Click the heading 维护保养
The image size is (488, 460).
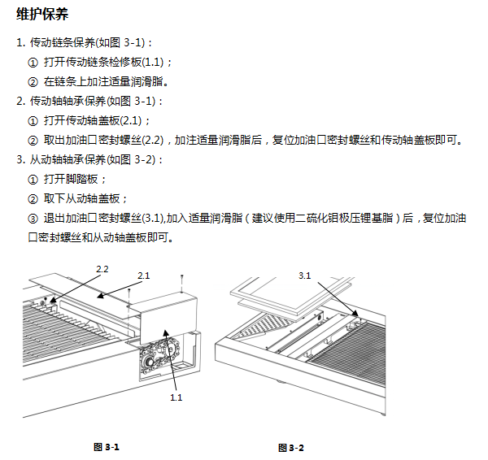tap(42, 15)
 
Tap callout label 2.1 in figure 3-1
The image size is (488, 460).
tap(143, 276)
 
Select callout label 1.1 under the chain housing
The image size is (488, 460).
tap(176, 397)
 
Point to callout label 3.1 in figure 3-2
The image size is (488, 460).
tap(304, 276)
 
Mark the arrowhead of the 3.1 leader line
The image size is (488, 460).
tap(355, 315)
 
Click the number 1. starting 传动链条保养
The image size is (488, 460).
tap(20, 41)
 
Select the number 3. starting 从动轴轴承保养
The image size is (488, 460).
tap(20, 159)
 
